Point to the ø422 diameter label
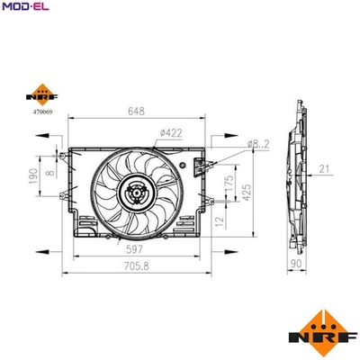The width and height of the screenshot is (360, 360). coord(171,134)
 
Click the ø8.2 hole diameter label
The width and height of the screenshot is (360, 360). coord(260,144)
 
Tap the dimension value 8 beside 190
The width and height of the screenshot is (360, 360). coord(51,165)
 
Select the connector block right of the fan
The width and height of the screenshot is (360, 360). coord(199,169)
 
